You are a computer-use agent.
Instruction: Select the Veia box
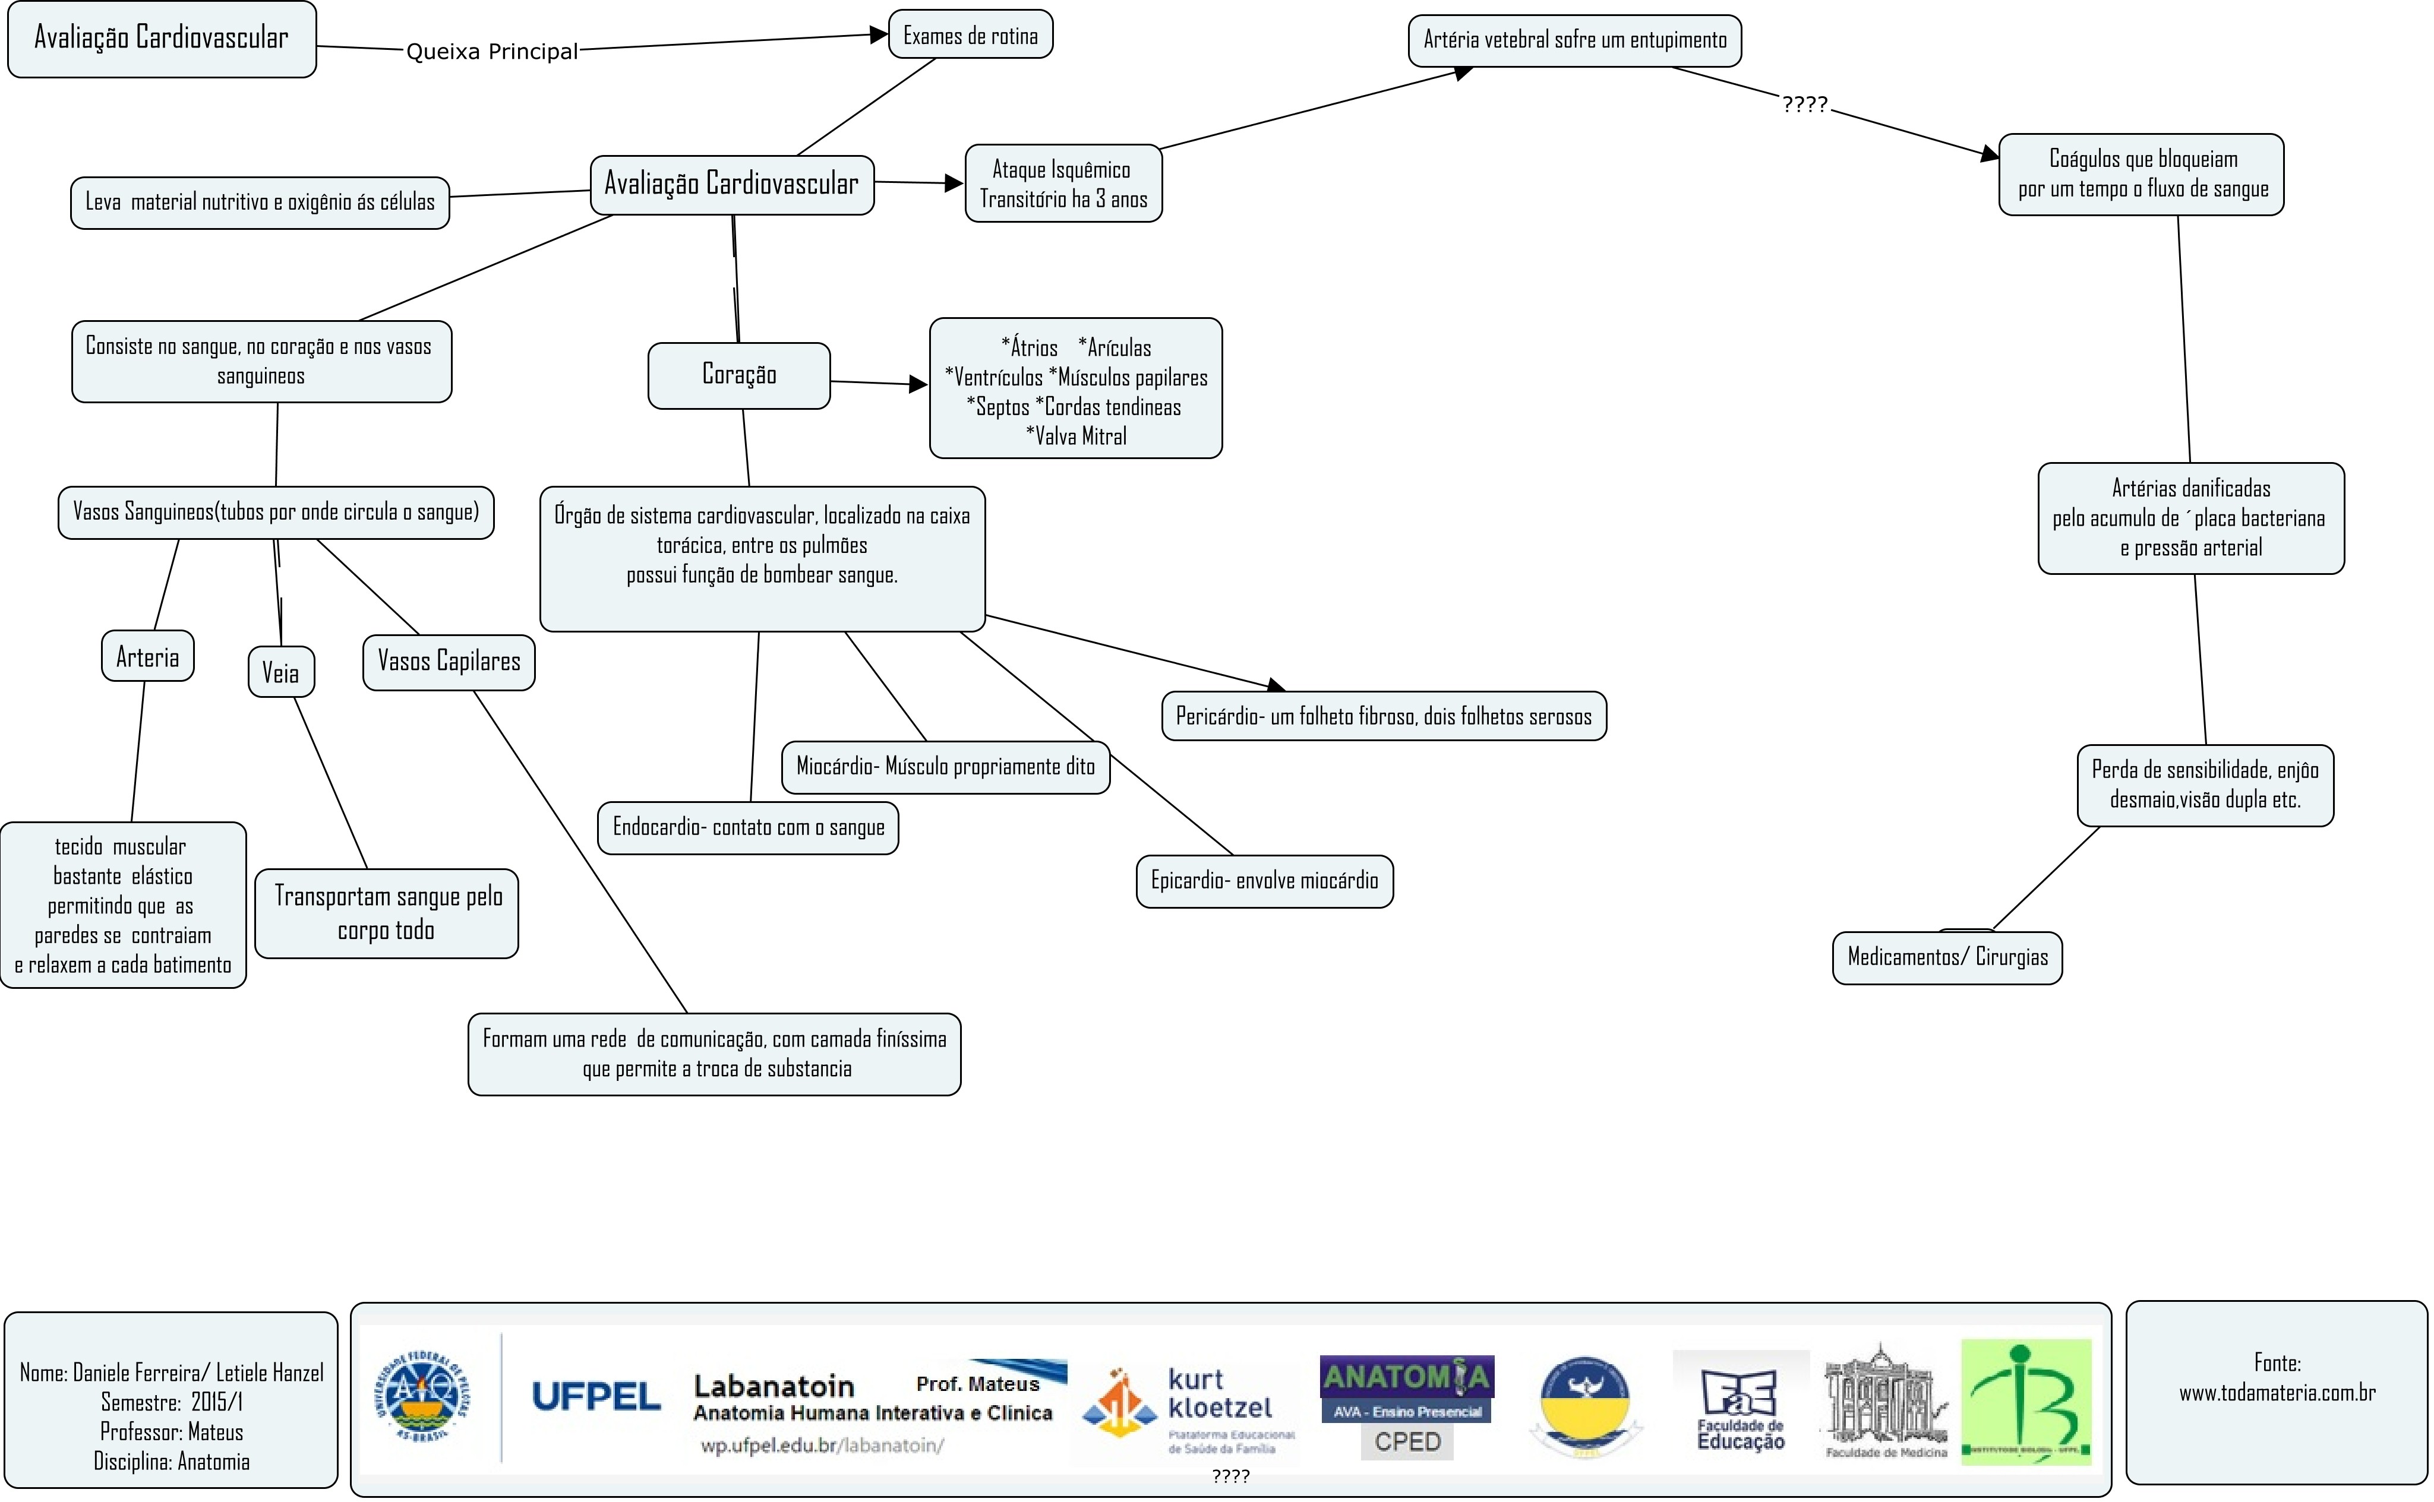click(x=280, y=672)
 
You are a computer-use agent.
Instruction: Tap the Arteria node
click(x=147, y=657)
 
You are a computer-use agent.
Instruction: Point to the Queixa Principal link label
click(x=492, y=52)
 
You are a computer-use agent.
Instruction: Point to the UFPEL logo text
click(x=596, y=1397)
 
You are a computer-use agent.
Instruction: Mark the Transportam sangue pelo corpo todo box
click(x=387, y=914)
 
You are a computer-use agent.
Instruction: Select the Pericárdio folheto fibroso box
click(x=1383, y=716)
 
